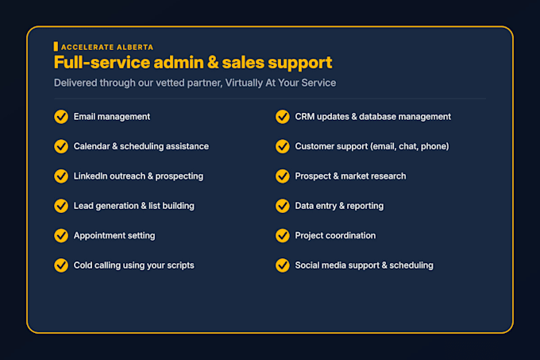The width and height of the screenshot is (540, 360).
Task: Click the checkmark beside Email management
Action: pos(61,117)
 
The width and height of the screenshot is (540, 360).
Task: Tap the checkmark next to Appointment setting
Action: pos(61,236)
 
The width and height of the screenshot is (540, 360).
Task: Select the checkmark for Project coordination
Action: pos(283,236)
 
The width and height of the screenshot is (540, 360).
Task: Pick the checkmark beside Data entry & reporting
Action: pos(283,206)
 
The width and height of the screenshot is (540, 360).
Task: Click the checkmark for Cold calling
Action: pos(61,265)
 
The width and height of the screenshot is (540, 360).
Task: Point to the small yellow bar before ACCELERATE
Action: pos(56,47)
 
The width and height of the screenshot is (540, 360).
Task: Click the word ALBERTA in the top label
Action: pos(135,47)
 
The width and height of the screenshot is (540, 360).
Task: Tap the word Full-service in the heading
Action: pos(102,62)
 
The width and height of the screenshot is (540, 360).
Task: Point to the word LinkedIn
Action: pos(91,176)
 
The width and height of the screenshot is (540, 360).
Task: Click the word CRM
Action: pos(305,117)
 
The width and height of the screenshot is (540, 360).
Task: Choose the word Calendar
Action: pos(91,146)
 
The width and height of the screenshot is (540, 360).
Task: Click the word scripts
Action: pos(181,265)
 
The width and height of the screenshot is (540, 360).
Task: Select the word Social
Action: pos(307,265)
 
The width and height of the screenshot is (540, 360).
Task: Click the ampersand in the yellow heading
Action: pos(213,63)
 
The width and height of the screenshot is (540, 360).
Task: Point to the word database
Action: pos(377,117)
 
